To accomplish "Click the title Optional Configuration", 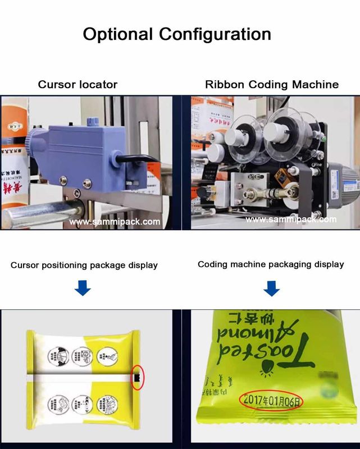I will tap(177, 34).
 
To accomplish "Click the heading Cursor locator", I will tap(78, 85).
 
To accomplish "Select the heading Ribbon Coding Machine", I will tap(272, 85).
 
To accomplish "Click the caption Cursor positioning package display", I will tap(84, 265).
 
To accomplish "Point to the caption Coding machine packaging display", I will tap(271, 264).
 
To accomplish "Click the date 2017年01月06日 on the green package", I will tap(271, 401).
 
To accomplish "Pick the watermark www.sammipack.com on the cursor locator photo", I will tap(115, 222).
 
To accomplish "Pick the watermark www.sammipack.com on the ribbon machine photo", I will tap(291, 219).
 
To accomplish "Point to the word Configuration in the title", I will tap(215, 34).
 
